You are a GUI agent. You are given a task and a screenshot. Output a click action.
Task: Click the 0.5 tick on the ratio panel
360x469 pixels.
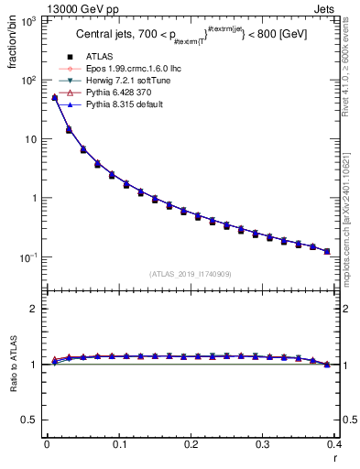click(x=27, y=420)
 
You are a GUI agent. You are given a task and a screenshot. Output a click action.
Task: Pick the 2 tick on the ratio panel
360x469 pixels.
click(x=32, y=309)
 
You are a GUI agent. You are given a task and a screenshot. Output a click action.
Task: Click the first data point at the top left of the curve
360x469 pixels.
click(x=55, y=98)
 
